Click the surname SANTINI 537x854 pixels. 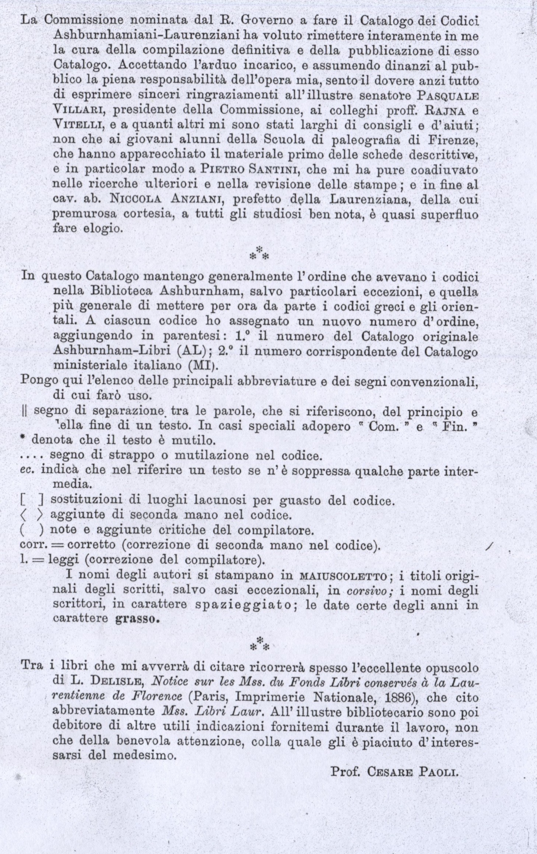(x=275, y=171)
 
